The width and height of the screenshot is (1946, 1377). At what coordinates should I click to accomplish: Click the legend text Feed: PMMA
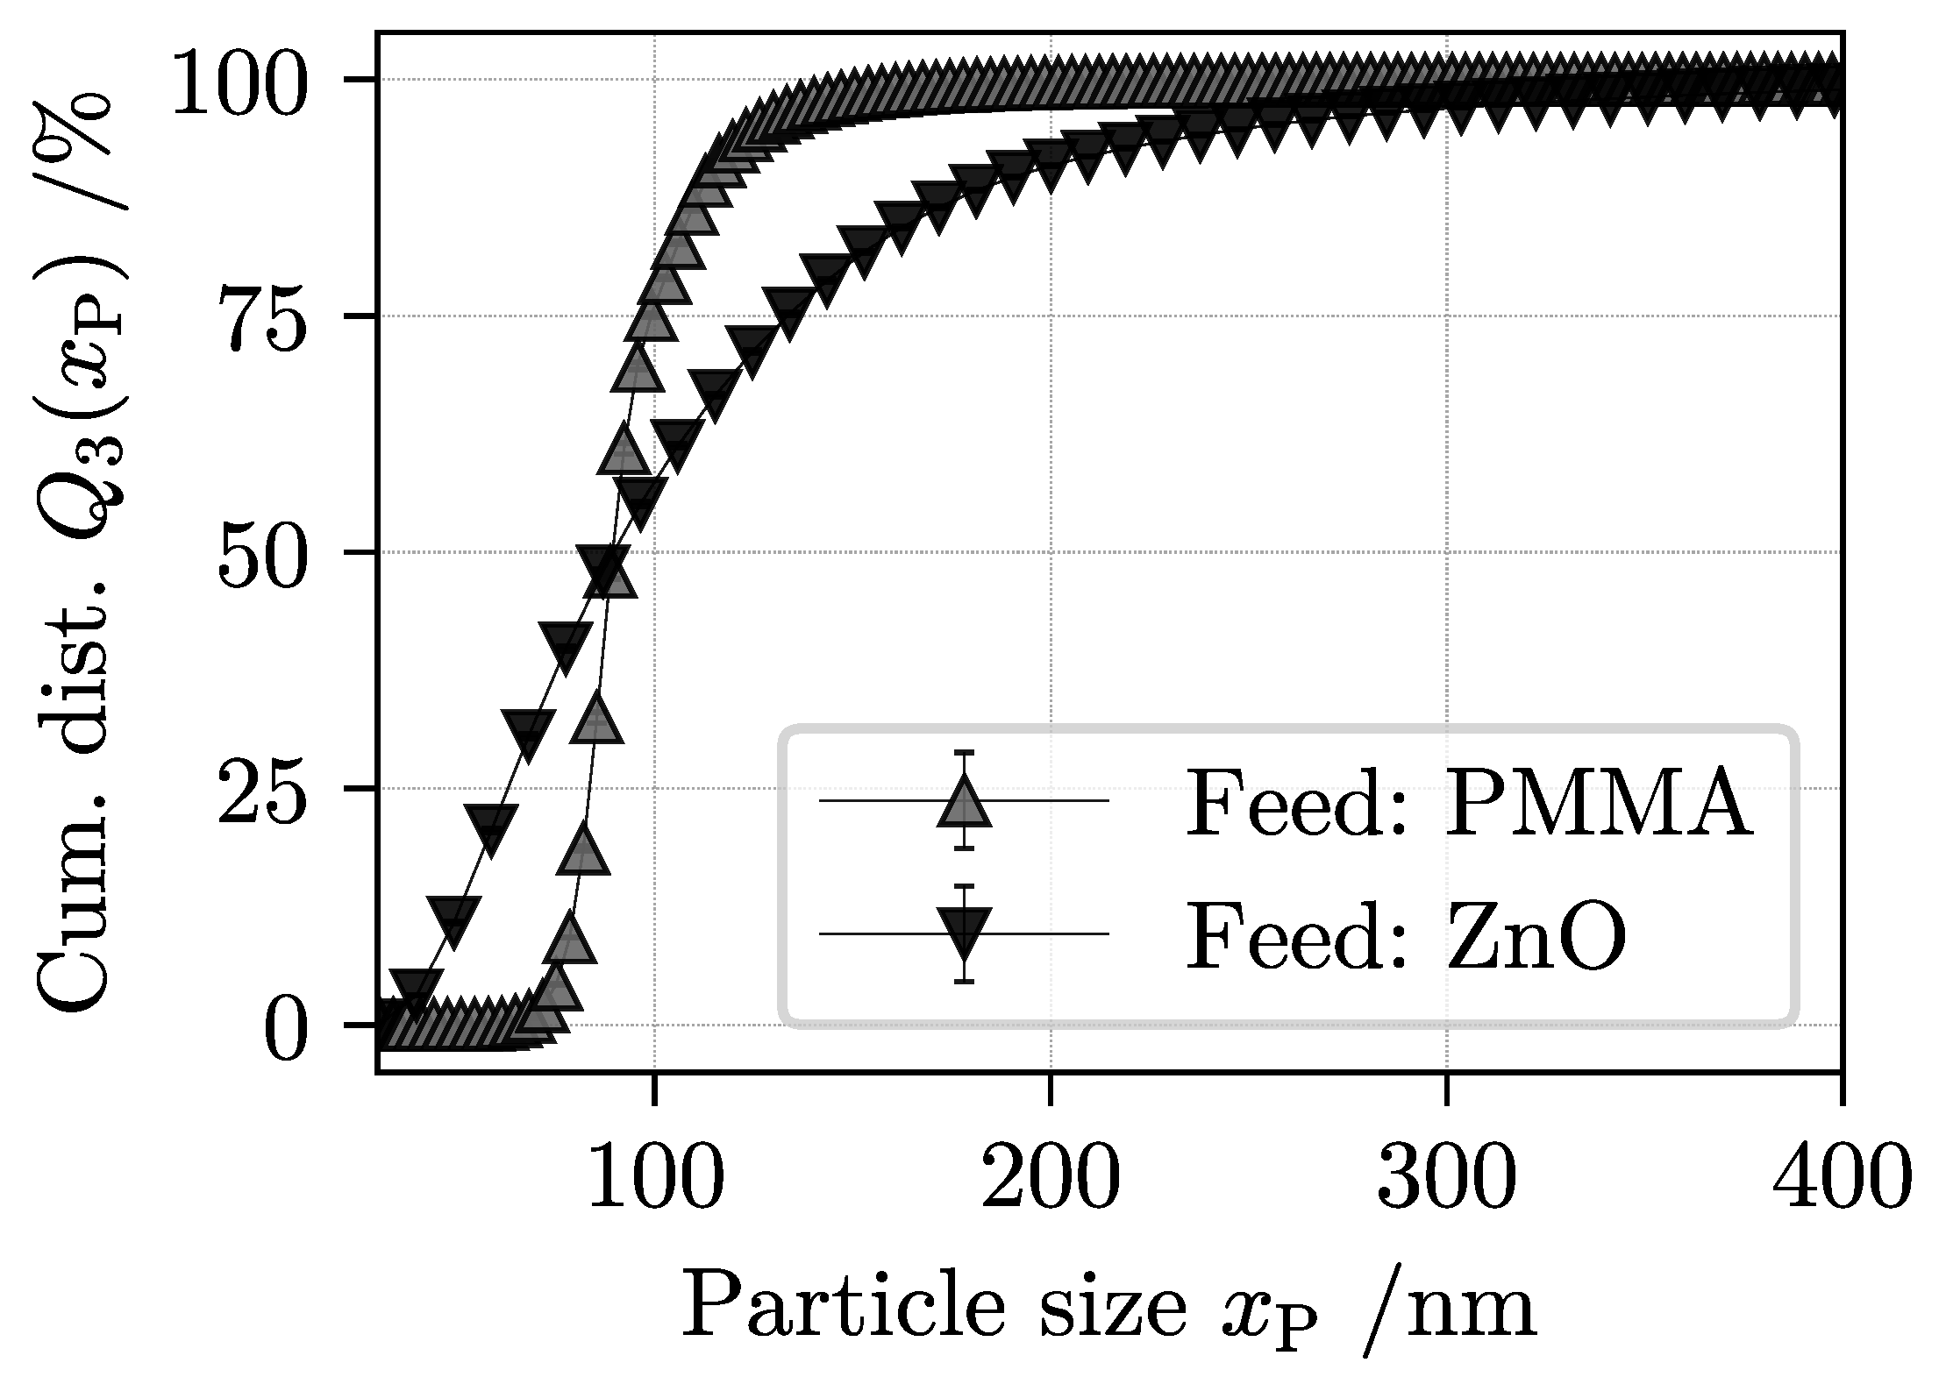tap(1469, 804)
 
